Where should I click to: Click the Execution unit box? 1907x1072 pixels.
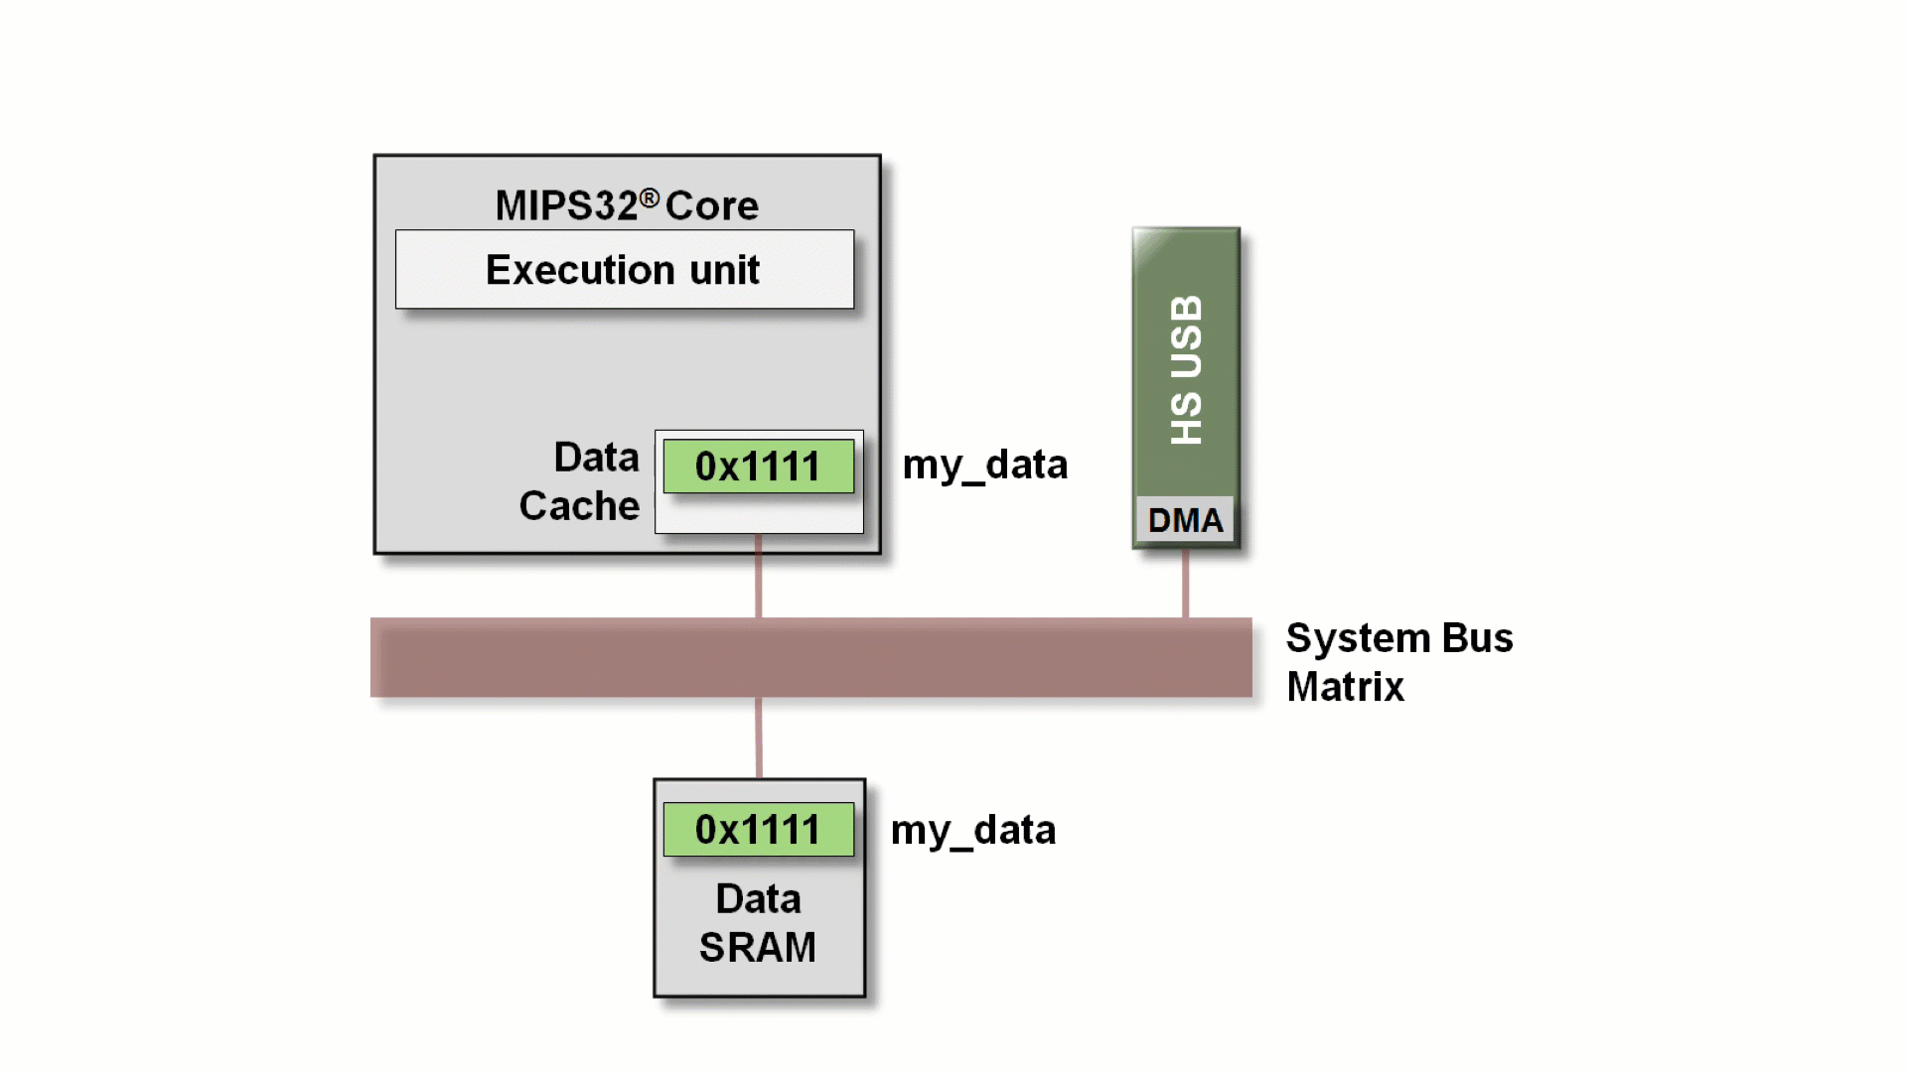point(624,270)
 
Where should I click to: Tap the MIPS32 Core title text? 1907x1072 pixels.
point(626,205)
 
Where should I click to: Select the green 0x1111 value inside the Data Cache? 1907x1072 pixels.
point(758,467)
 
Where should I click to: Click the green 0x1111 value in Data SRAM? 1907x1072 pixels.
point(758,830)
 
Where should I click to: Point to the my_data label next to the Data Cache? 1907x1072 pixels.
point(984,465)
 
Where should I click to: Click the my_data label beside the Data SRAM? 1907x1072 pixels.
point(972,830)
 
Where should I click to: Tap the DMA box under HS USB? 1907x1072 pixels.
point(1185,520)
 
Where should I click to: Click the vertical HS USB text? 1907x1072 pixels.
point(1186,369)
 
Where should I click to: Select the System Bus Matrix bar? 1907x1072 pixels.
point(810,657)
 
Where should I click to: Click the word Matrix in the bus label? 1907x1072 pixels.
point(1345,687)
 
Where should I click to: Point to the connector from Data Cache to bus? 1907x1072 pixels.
point(759,577)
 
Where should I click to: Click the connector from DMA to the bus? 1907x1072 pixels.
point(1185,585)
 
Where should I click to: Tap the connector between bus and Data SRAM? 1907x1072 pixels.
point(759,737)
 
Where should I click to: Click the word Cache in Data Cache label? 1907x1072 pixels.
point(579,506)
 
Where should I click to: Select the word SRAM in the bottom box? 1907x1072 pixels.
point(757,948)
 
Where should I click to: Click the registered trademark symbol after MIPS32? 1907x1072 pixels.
point(650,199)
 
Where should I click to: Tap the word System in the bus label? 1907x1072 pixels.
point(1358,638)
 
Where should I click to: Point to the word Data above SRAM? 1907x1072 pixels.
point(758,899)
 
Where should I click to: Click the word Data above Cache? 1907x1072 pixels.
point(596,458)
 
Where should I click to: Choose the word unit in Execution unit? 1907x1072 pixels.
point(724,270)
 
